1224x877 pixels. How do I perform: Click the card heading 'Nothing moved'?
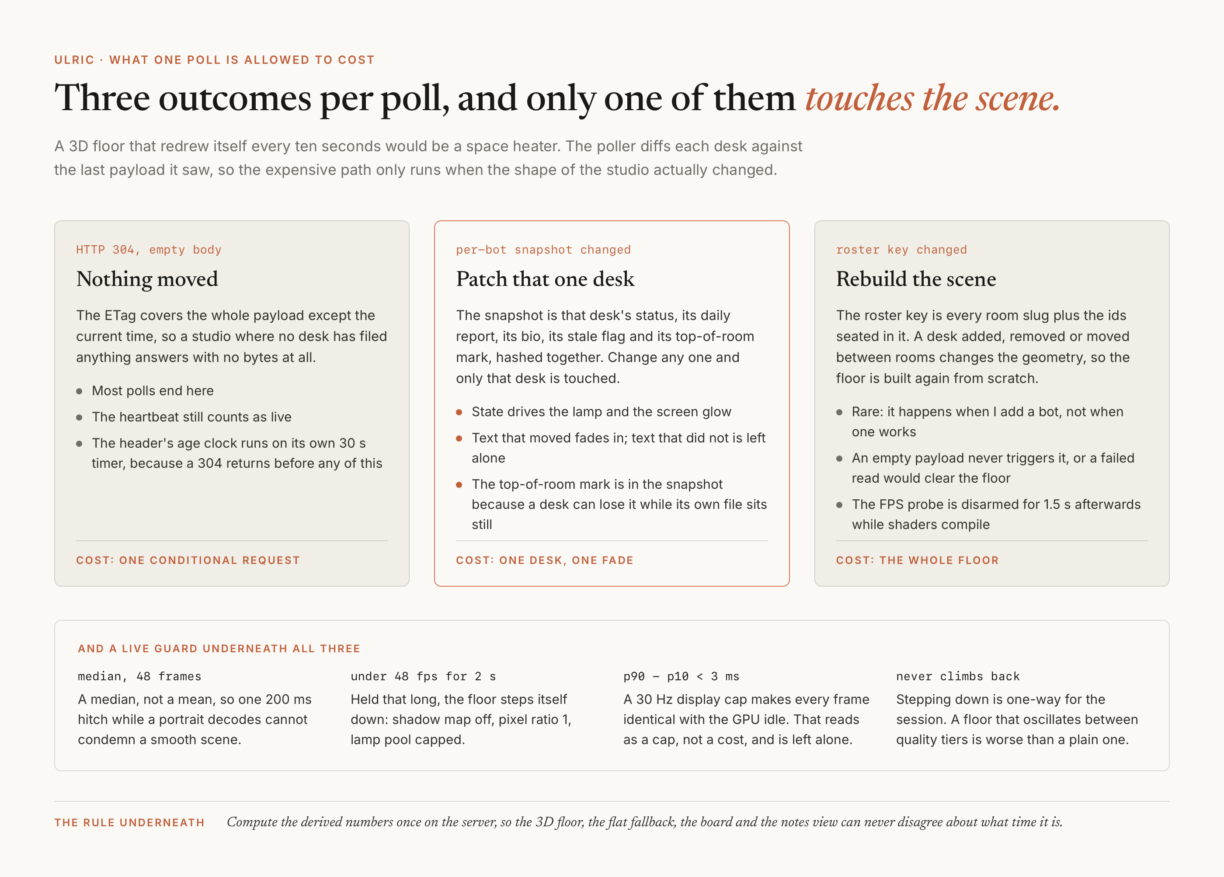(x=147, y=279)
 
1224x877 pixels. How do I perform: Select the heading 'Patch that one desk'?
(x=545, y=279)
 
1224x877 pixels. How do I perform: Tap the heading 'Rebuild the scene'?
(x=916, y=279)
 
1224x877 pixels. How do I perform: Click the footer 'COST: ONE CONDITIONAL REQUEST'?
(x=188, y=560)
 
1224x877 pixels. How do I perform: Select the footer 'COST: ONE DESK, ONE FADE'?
(x=545, y=560)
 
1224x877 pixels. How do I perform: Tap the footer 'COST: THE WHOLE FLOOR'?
(x=918, y=560)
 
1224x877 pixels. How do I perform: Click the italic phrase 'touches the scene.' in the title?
(x=932, y=98)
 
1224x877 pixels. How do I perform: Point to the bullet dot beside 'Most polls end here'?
(x=79, y=391)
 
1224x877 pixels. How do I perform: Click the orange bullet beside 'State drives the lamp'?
(x=459, y=412)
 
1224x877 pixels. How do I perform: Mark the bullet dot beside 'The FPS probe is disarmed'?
(x=839, y=505)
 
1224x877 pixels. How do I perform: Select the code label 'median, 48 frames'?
(x=139, y=676)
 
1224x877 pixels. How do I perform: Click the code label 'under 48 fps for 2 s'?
(x=423, y=676)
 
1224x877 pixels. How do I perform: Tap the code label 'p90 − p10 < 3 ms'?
(x=681, y=676)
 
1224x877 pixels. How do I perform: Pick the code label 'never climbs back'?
(x=958, y=676)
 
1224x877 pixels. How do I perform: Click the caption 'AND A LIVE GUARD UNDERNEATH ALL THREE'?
(x=219, y=649)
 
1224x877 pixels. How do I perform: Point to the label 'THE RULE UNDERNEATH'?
(x=129, y=822)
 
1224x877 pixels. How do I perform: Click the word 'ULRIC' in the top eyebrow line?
(x=74, y=60)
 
